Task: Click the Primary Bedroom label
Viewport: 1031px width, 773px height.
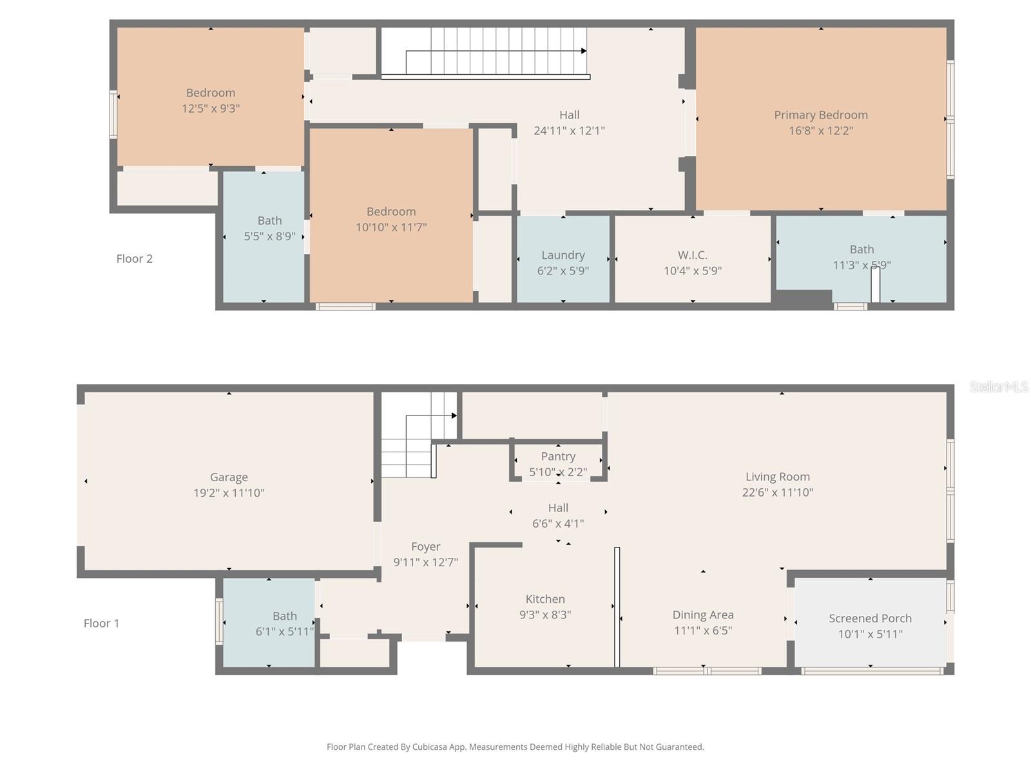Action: (x=820, y=115)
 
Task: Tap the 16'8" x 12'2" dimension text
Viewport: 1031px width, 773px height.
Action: (x=820, y=131)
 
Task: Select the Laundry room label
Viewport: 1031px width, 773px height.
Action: (x=563, y=255)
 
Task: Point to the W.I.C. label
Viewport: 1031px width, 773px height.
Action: (x=692, y=255)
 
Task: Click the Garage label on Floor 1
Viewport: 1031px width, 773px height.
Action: (x=229, y=477)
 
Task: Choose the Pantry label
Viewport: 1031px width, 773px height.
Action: (x=558, y=456)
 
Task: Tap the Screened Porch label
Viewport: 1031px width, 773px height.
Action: (x=870, y=618)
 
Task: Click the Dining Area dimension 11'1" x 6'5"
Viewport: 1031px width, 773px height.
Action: (x=702, y=631)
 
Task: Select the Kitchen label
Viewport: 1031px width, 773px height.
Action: (x=545, y=599)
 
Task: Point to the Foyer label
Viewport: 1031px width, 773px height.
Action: (x=425, y=546)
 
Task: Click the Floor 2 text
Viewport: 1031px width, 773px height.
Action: (x=134, y=259)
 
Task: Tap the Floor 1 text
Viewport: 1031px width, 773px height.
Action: (x=101, y=624)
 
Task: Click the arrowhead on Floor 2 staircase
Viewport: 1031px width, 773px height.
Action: (x=584, y=51)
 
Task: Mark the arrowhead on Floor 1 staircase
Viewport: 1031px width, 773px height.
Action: (x=454, y=415)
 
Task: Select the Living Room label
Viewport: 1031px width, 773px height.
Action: (x=777, y=477)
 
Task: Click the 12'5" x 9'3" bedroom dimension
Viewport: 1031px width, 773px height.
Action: (x=211, y=109)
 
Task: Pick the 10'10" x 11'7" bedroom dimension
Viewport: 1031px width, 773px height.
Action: (x=391, y=227)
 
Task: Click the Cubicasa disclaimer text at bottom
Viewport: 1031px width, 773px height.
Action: (x=515, y=747)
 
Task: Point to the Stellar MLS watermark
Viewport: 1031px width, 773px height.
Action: (x=998, y=386)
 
